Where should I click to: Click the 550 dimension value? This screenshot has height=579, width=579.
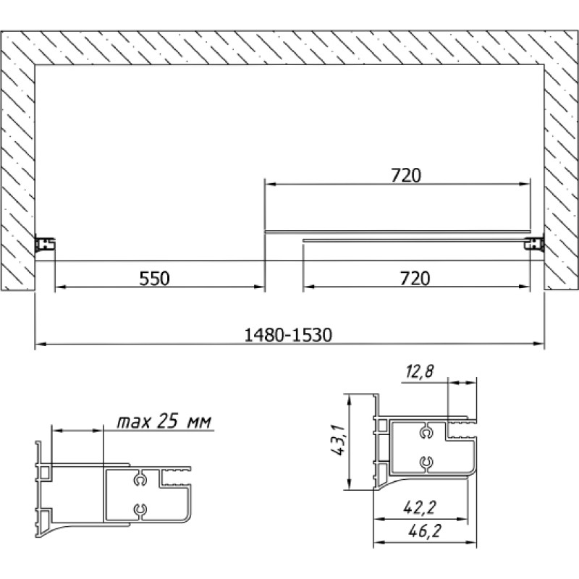[154, 279]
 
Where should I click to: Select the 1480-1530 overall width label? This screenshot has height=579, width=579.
[288, 335]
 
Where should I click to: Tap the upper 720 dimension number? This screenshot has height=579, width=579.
[406, 175]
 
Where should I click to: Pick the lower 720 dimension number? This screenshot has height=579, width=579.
[415, 279]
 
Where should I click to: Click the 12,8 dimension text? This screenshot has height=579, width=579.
[420, 371]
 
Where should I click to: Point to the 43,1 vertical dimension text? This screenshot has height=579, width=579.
[338, 440]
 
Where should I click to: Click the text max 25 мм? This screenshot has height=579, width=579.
[164, 421]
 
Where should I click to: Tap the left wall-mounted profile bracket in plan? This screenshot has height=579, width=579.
[45, 244]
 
